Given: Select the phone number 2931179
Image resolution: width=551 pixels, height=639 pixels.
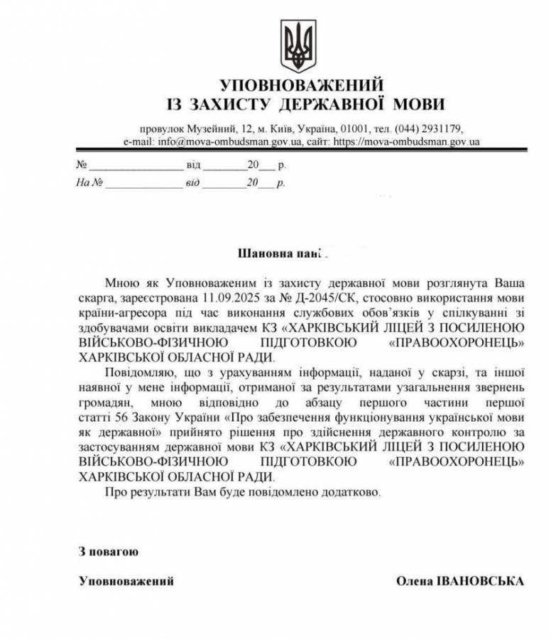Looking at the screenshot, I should coord(442,129).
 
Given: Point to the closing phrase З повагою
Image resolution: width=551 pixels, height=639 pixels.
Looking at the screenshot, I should coord(108,551).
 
